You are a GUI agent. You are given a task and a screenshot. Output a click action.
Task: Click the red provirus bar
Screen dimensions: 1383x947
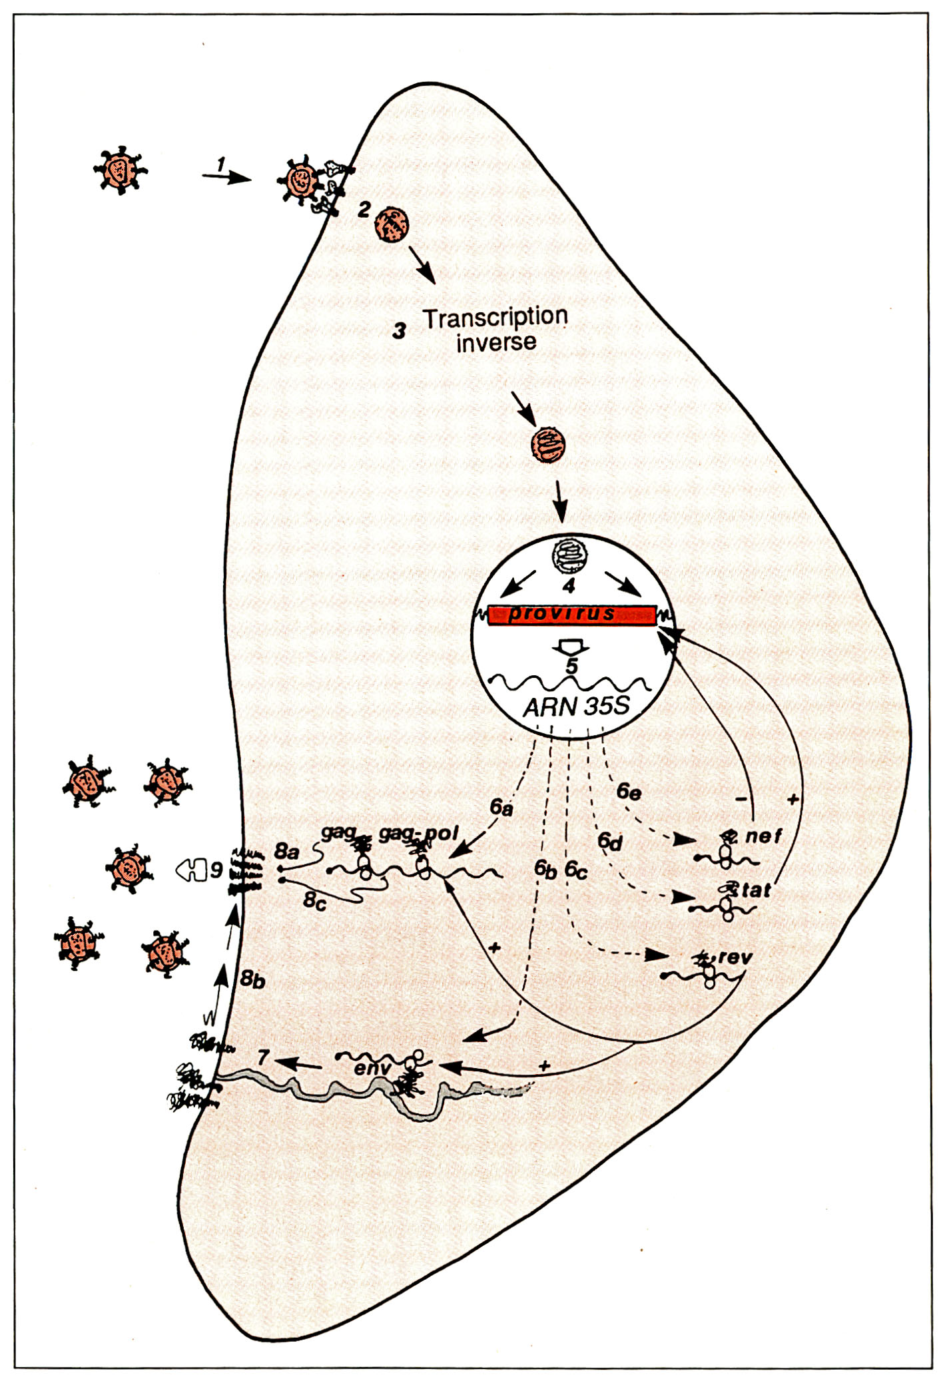point(571,615)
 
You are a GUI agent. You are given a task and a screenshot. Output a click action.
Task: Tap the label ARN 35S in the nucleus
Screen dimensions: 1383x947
point(577,706)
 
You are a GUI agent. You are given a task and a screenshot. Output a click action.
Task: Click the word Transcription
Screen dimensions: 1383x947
point(495,318)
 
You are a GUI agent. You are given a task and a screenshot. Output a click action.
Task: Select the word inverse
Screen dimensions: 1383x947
point(496,342)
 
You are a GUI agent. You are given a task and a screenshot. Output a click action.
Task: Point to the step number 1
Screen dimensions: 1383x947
point(222,162)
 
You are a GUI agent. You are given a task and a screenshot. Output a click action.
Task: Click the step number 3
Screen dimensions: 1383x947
point(399,330)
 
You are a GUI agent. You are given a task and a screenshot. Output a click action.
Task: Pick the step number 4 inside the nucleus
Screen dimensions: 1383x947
point(568,586)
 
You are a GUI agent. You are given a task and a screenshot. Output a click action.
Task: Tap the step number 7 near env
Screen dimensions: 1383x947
point(264,1057)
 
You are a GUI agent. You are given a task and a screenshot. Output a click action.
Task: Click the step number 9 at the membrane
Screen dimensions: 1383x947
point(216,870)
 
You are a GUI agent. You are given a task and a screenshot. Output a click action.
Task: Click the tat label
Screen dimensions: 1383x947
point(756,890)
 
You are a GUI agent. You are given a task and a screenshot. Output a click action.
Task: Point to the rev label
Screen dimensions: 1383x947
point(735,958)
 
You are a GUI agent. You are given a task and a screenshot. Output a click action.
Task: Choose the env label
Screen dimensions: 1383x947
point(372,1069)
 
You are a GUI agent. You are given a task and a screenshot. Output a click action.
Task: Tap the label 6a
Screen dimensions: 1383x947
point(501,808)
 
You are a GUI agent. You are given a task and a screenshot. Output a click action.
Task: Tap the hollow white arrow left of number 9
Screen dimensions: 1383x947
point(191,870)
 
